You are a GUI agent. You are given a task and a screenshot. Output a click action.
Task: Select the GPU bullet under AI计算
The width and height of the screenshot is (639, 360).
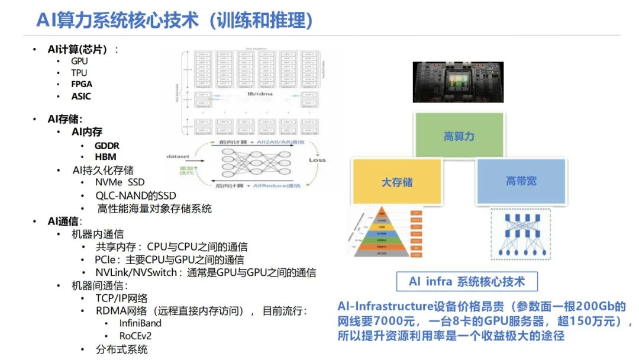coord(79,61)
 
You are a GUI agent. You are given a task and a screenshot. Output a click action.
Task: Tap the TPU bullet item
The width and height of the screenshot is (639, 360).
coord(79,73)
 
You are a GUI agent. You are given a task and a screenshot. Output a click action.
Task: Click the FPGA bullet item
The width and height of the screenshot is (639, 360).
coord(82,85)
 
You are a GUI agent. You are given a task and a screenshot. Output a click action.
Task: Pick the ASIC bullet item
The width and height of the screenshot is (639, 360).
coord(81,97)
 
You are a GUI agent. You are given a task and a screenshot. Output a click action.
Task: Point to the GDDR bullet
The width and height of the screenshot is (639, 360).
coord(106,146)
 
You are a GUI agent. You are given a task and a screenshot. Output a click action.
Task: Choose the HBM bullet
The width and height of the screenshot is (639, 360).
coord(105,157)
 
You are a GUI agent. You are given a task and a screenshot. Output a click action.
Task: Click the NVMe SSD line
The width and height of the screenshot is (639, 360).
coord(120,182)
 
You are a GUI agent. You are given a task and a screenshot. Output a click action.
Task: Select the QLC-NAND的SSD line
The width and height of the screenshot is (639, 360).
coord(135,195)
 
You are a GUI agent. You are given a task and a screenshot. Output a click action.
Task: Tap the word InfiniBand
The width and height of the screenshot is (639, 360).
coord(140,323)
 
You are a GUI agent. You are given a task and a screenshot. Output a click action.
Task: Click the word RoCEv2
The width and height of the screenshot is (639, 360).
coord(135,336)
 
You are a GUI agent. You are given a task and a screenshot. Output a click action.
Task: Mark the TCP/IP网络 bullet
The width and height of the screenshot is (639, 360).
coord(122,298)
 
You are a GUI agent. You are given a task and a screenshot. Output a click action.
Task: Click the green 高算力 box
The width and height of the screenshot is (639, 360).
coord(459,136)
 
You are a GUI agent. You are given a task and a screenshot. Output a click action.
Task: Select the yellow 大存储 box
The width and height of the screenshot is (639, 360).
coord(397,182)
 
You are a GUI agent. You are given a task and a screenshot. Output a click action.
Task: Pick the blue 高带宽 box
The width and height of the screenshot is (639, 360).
coord(521,181)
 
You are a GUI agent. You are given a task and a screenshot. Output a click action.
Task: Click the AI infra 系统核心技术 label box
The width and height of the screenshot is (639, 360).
coord(467,282)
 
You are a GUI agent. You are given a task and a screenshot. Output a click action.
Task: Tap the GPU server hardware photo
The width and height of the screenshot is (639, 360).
coord(459,81)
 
